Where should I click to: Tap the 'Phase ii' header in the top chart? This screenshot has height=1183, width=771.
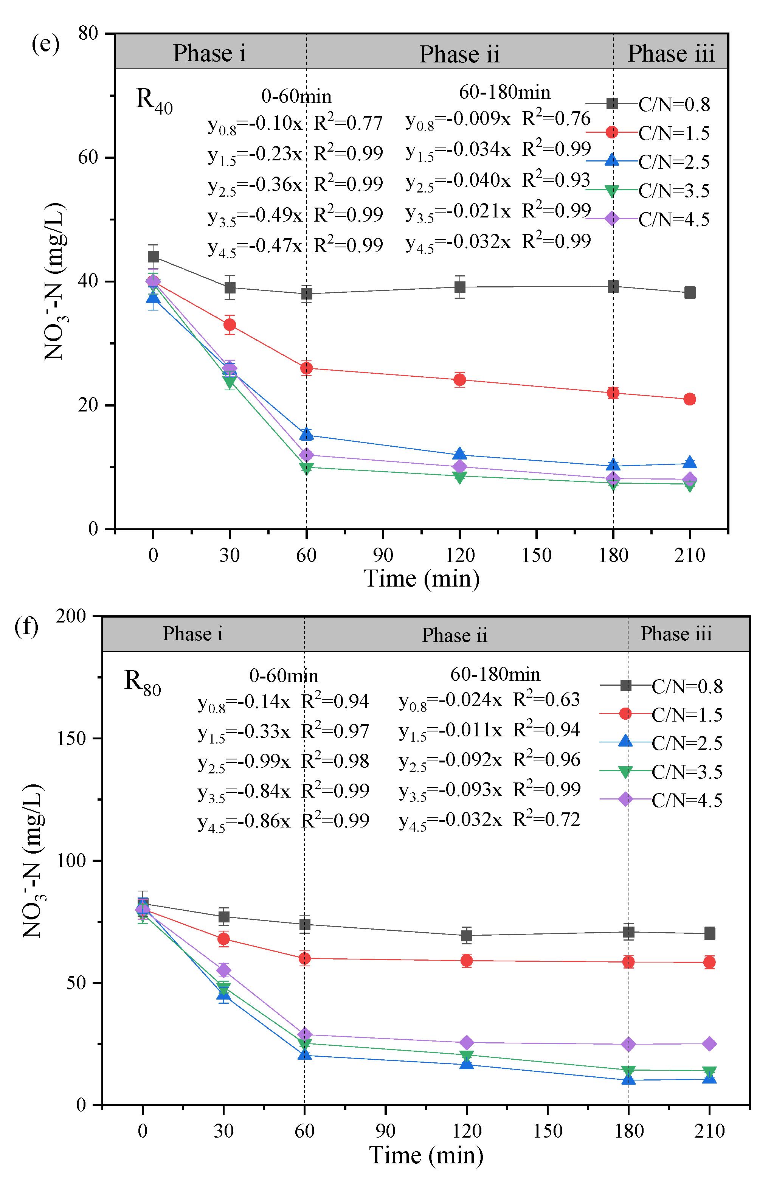459,54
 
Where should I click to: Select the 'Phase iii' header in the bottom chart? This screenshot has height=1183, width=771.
676,634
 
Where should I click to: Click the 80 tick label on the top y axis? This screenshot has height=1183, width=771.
88,34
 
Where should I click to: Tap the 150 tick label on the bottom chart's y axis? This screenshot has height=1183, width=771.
71,738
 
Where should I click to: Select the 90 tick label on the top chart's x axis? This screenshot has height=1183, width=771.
383,555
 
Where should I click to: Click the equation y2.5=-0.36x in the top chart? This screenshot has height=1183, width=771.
255,185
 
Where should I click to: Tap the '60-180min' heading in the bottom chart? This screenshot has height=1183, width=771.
495,674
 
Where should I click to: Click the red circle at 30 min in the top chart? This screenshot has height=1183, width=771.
230,324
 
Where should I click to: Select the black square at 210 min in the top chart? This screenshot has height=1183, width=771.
689,293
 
